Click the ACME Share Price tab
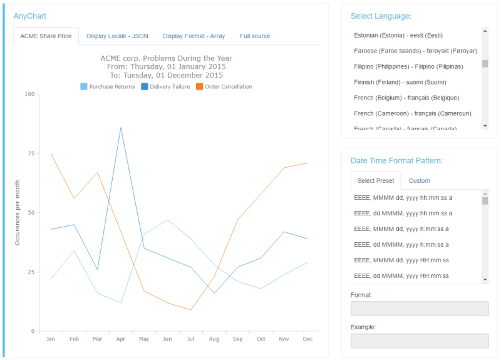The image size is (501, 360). [46, 36]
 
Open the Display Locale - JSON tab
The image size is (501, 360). [117, 36]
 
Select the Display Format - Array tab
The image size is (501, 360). [194, 36]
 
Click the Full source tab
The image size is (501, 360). [255, 36]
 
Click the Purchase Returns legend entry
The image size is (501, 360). [108, 86]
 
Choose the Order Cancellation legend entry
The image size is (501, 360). [224, 86]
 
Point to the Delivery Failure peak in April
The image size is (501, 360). [121, 128]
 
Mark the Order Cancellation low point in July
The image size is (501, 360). [190, 310]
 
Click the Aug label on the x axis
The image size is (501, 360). [214, 339]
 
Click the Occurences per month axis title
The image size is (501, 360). [18, 212]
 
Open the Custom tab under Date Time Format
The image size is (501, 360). [419, 180]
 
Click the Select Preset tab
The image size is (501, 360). [376, 180]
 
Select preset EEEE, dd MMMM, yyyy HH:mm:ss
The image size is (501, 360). [401, 276]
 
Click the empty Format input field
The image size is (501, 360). [419, 309]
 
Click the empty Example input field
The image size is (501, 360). [419, 341]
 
